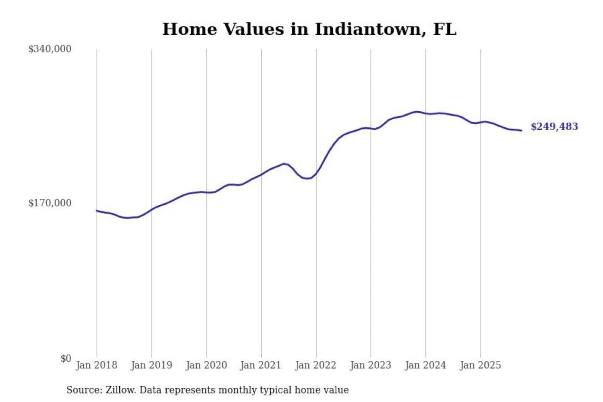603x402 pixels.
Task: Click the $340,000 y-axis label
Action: (x=49, y=49)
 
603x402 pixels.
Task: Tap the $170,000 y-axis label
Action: (x=49, y=203)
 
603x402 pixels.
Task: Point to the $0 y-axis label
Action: (x=65, y=358)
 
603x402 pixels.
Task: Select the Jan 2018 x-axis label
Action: (x=96, y=365)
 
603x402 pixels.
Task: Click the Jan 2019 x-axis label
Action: (x=151, y=365)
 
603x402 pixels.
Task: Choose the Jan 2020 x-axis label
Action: (x=206, y=365)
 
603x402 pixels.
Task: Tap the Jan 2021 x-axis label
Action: (x=260, y=365)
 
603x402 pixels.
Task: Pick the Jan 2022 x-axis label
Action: (x=315, y=365)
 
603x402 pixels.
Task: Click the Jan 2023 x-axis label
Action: (x=370, y=365)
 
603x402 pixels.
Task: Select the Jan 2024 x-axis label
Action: (x=425, y=365)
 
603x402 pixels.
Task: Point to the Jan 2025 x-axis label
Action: (x=480, y=365)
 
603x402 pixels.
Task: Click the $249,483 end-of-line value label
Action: (x=554, y=126)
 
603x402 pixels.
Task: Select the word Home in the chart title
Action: (x=189, y=29)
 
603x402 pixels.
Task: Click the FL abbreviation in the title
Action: (x=445, y=29)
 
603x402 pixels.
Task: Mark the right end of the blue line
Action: (x=521, y=131)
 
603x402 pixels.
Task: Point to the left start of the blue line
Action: (x=97, y=211)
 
